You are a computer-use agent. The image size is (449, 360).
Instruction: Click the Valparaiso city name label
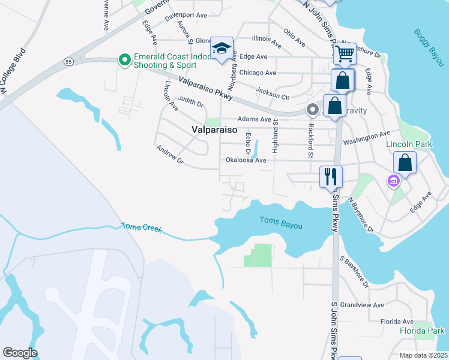[214, 130]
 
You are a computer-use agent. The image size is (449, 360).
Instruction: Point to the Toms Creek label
[142, 228]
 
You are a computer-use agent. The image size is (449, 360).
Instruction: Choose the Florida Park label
[423, 331]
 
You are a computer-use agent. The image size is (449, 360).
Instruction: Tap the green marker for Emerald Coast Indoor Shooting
[124, 59]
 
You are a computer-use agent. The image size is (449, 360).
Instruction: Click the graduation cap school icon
[221, 49]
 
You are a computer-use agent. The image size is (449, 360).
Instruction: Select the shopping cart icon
[345, 53]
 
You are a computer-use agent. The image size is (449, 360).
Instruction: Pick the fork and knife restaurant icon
[331, 176]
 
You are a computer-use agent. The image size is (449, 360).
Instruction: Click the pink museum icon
[394, 181]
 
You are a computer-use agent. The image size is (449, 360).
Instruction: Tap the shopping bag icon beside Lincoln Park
[405, 163]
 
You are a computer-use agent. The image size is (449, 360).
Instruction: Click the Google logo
[20, 353]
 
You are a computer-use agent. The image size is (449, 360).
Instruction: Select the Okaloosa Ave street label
[246, 160]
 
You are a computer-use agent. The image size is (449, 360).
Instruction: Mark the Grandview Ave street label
[362, 305]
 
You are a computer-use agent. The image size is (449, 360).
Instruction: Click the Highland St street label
[276, 136]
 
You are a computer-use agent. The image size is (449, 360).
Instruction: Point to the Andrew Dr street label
[169, 155]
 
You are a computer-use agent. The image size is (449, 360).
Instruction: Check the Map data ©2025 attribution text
[423, 355]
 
